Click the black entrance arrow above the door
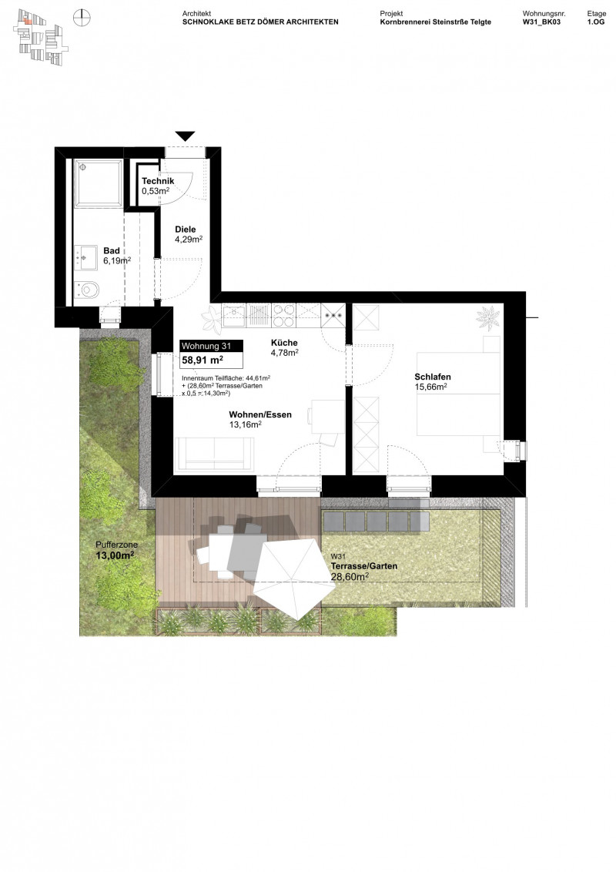pyautogui.click(x=185, y=136)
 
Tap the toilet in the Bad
pyautogui.click(x=89, y=290)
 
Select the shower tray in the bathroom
pyautogui.click(x=98, y=183)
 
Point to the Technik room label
pyautogui.click(x=157, y=181)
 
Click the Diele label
pyautogui.click(x=186, y=229)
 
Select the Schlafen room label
pyautogui.click(x=433, y=377)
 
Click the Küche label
pyautogui.click(x=283, y=343)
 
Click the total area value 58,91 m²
pyautogui.click(x=203, y=360)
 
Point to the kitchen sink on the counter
pyautogui.click(x=234, y=314)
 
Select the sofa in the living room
pyautogui.click(x=214, y=454)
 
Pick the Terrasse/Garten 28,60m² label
pyautogui.click(x=363, y=570)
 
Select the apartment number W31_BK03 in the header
pyautogui.click(x=543, y=22)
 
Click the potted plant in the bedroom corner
pyautogui.click(x=487, y=317)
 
